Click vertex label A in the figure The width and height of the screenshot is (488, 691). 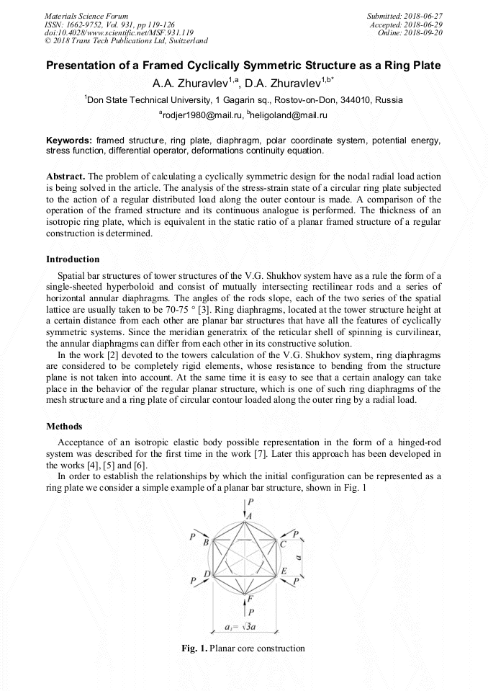pos(250,516)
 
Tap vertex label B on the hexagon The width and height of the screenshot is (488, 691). pos(207,541)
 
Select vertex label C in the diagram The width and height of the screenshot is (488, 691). pos(283,543)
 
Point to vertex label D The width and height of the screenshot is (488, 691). pos(207,574)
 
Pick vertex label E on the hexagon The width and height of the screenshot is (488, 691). pos(284,571)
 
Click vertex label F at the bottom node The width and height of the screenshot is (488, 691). pos(250,598)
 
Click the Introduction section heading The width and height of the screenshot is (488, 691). pos(73,259)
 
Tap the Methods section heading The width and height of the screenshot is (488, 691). pos(64,427)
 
